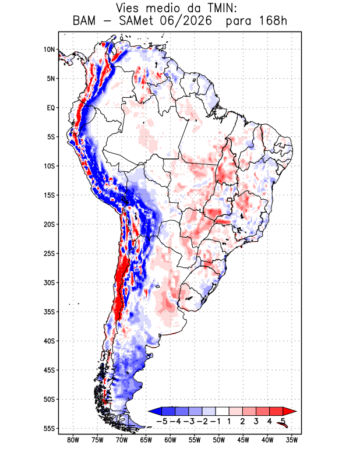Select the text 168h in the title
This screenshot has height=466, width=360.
point(273,22)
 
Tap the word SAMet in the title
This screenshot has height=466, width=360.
point(136,22)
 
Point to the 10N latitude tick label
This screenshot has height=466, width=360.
point(50,50)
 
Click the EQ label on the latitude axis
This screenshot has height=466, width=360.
point(51,108)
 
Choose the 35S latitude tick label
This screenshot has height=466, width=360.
point(50,312)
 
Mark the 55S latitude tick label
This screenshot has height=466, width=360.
point(50,429)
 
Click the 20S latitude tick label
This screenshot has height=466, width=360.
point(50,224)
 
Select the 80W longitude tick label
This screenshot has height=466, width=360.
point(73,440)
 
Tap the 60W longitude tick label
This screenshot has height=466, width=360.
point(170,440)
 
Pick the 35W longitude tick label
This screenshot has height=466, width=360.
point(292,440)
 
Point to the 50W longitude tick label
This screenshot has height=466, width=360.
point(219,440)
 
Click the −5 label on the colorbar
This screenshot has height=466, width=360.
point(161,421)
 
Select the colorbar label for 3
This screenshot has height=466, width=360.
point(256,421)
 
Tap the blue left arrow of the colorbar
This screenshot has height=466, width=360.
point(155,411)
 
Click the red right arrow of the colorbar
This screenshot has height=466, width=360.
point(290,411)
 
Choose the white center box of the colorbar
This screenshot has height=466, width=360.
point(223,411)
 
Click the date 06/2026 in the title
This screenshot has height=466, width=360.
point(186,22)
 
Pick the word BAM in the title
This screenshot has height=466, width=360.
point(84,22)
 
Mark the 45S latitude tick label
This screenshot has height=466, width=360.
point(50,370)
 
